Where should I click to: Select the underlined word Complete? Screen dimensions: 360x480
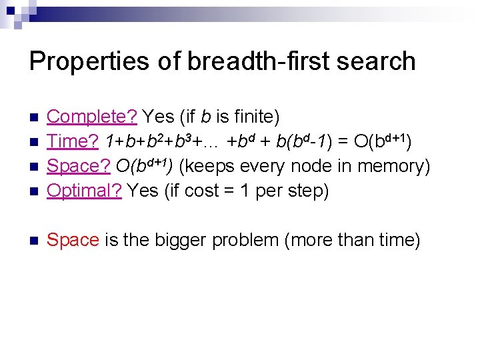click(x=92, y=117)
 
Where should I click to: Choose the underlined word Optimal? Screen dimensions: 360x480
click(x=84, y=191)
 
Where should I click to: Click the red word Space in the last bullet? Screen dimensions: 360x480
click(x=73, y=240)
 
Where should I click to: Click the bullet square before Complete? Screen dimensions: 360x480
click(x=35, y=118)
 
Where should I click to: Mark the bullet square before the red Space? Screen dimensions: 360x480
click(x=35, y=241)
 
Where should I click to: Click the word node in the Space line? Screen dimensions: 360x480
click(x=308, y=167)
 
